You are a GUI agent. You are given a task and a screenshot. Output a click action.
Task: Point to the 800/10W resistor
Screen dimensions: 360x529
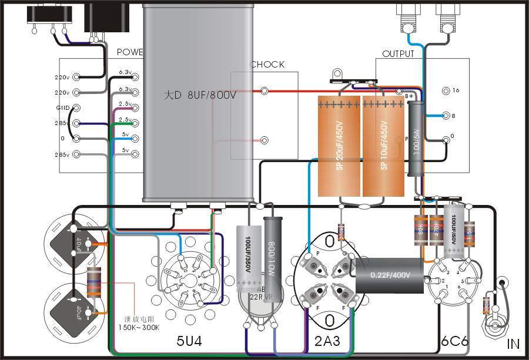pyautogui.click(x=273, y=247)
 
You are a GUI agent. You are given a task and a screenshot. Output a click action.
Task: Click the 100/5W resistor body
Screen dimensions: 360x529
pyautogui.click(x=416, y=138)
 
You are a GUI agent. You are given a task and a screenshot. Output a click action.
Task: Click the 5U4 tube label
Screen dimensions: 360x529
pyautogui.click(x=189, y=341)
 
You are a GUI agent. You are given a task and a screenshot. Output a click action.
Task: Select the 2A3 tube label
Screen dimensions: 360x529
pyautogui.click(x=328, y=341)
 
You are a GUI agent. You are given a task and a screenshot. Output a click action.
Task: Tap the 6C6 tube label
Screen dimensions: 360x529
pyautogui.click(x=454, y=341)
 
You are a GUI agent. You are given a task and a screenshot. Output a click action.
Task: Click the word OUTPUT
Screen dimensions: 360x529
pyautogui.click(x=398, y=53)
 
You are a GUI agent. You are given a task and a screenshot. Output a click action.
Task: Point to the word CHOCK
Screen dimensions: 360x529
pyautogui.click(x=267, y=65)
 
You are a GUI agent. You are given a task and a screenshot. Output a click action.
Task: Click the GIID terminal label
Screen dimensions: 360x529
pyautogui.click(x=62, y=108)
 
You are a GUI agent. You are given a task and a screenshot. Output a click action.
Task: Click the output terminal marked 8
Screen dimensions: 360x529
pyautogui.click(x=453, y=116)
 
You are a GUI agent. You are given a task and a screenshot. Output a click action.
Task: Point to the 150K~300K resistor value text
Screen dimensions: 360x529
pyautogui.click(x=139, y=328)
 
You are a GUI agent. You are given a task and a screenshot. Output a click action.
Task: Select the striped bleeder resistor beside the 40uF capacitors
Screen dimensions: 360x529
pyautogui.click(x=92, y=284)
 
